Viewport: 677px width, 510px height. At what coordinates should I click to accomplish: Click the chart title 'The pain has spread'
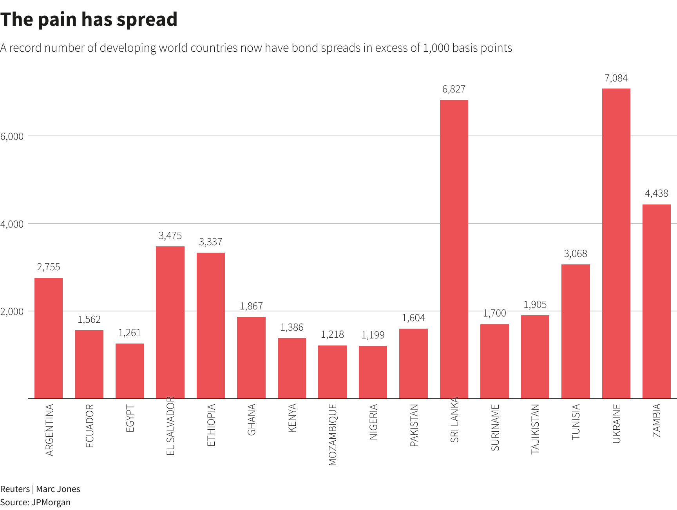[x=89, y=20]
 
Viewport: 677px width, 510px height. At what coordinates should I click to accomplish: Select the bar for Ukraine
[x=616, y=243]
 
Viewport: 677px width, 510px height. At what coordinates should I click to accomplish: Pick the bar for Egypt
[x=130, y=371]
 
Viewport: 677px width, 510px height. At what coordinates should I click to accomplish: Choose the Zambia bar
[x=657, y=302]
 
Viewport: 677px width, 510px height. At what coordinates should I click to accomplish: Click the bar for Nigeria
[x=373, y=372]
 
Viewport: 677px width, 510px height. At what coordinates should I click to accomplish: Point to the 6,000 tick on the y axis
[x=12, y=136]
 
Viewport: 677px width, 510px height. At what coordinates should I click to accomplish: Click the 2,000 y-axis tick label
[x=12, y=311]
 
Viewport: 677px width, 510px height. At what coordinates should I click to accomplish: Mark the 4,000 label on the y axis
[x=12, y=224]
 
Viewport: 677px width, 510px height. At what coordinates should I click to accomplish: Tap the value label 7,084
[x=616, y=78]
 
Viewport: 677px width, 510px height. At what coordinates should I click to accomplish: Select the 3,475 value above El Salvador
[x=170, y=235]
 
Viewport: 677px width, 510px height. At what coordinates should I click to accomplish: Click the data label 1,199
[x=373, y=335]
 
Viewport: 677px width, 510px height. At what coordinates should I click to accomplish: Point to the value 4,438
[x=657, y=194]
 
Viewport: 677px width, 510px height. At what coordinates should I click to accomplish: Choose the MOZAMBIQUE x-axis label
[x=333, y=434]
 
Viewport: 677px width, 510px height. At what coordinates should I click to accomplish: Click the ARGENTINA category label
[x=49, y=430]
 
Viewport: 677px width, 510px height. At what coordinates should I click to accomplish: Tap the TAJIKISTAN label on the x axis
[x=535, y=429]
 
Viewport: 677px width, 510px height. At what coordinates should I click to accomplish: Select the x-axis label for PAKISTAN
[x=414, y=425]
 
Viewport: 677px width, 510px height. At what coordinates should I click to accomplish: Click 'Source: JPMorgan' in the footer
[x=35, y=502]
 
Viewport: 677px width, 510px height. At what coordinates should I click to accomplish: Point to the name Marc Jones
[x=58, y=489]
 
